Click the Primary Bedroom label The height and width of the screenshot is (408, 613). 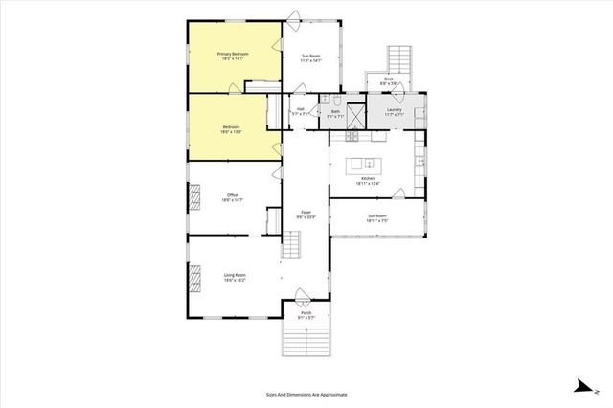(234, 57)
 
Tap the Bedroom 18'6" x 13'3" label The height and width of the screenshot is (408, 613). (232, 129)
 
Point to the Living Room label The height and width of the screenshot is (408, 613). (235, 277)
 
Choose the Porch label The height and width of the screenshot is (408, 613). (306, 314)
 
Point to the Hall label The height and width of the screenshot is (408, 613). (300, 111)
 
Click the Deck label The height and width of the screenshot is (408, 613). (388, 82)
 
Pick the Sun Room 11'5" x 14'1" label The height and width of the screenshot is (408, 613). (311, 57)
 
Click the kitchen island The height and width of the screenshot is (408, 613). (368, 157)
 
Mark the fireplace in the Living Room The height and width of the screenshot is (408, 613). (196, 277)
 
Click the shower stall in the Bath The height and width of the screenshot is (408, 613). (355, 117)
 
